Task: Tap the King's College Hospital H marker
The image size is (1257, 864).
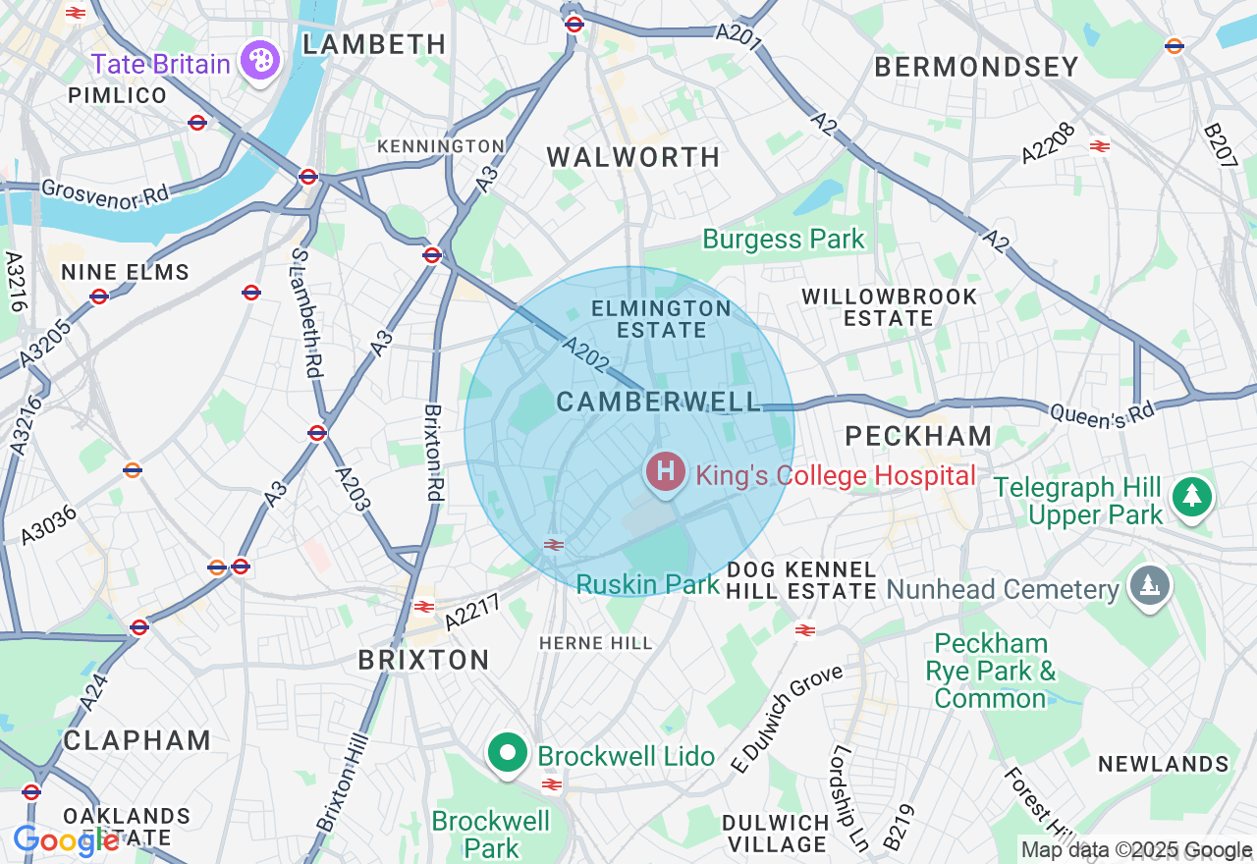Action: (x=665, y=472)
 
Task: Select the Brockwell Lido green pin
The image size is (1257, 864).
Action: (x=508, y=754)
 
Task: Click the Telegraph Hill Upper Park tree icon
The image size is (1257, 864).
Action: (x=1192, y=496)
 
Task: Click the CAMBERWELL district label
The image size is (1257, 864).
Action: (x=658, y=402)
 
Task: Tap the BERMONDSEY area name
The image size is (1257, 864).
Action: (x=976, y=67)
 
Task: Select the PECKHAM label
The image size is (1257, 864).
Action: (x=919, y=436)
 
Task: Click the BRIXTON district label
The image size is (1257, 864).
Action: (x=423, y=660)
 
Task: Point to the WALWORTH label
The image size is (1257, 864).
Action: (x=633, y=157)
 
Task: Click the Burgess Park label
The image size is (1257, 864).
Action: (x=784, y=239)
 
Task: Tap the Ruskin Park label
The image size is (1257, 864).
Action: (x=647, y=585)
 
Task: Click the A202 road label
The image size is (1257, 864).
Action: (x=586, y=354)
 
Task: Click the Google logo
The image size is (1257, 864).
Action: (x=66, y=840)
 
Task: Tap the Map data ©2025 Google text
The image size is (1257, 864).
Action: (x=1136, y=850)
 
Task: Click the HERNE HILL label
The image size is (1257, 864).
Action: (x=596, y=643)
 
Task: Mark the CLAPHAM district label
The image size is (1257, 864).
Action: (x=137, y=740)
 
